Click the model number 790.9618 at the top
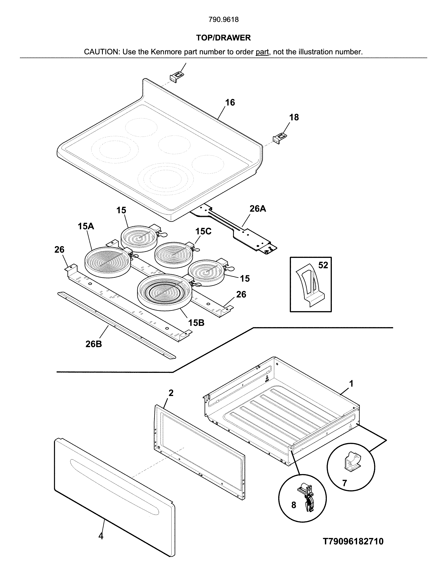(x=223, y=20)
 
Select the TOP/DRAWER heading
(x=223, y=38)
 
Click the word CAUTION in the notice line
(x=101, y=52)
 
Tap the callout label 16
(x=230, y=102)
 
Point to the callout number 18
(x=294, y=117)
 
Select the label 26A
(x=258, y=209)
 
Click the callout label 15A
(x=86, y=226)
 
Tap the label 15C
(x=203, y=231)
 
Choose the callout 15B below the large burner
(x=196, y=323)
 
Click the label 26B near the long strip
(x=94, y=344)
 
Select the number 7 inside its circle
(x=344, y=483)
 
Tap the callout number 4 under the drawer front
(x=101, y=536)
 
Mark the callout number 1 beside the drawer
(x=351, y=384)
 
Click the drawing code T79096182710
(x=353, y=541)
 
